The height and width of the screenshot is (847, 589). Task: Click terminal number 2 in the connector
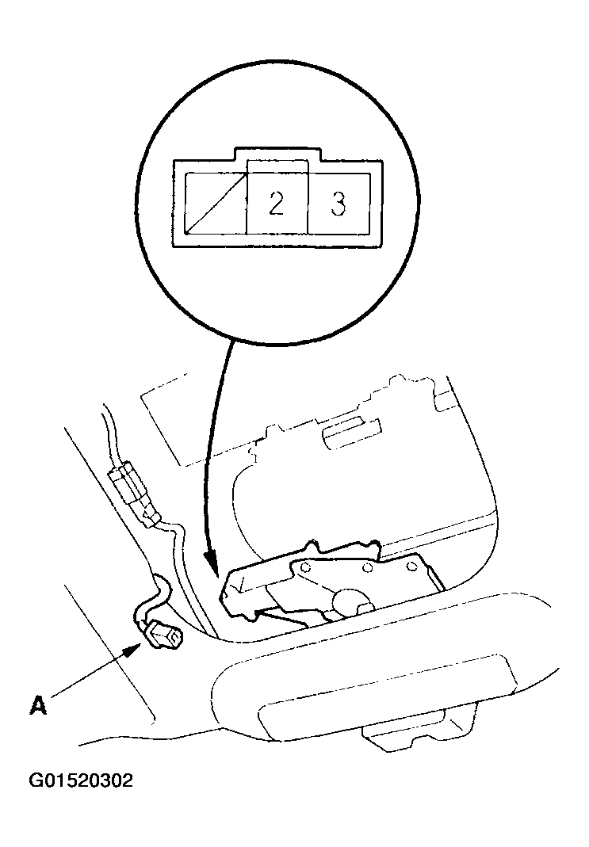pos(277,203)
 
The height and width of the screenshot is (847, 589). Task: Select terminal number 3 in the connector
pos(338,203)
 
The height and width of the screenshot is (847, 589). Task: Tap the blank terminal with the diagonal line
pos(216,203)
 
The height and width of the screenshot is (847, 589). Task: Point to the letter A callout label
pos(38,705)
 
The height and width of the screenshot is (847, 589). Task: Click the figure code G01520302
pos(81,781)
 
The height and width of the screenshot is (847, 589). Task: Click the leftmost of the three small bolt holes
pos(305,568)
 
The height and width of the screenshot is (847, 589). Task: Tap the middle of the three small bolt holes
pos(367,567)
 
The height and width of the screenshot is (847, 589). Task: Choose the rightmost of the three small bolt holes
pos(411,566)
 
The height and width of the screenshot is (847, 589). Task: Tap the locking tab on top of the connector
pos(277,154)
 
